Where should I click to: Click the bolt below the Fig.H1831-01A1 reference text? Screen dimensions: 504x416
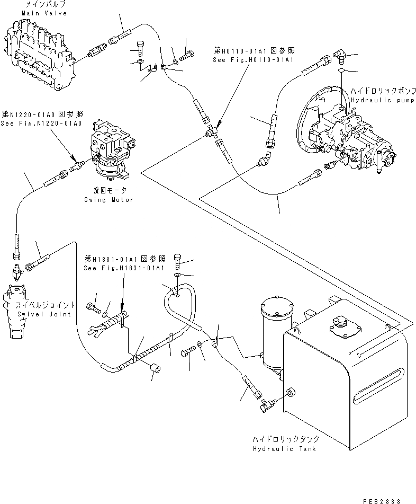pyautogui.click(x=178, y=261)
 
